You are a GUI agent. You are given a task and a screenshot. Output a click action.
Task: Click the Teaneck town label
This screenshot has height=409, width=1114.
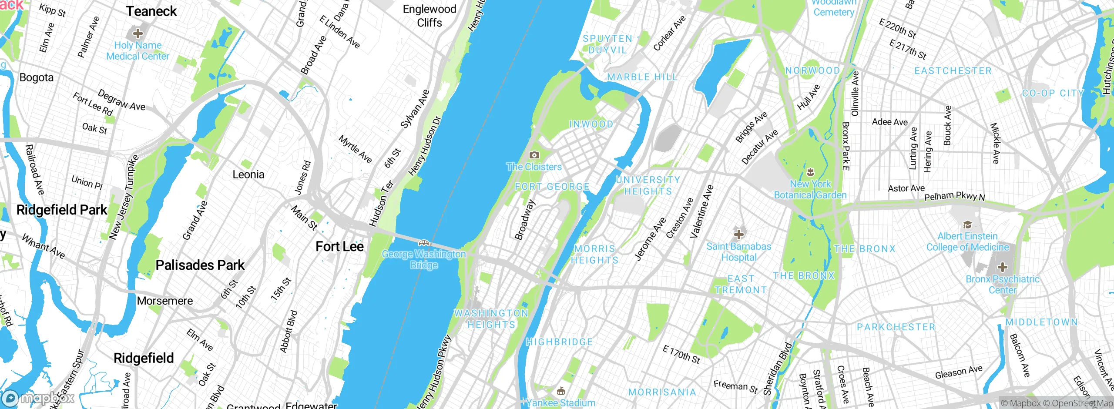click(151, 11)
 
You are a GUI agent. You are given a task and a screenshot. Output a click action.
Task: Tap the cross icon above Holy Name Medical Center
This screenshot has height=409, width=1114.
click(138, 33)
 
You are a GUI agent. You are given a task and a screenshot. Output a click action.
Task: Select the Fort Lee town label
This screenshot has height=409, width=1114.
click(339, 246)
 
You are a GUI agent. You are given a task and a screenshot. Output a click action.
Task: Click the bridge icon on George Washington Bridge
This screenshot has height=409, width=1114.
click(424, 243)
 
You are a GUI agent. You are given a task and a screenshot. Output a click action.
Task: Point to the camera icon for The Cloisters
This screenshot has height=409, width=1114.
click(534, 155)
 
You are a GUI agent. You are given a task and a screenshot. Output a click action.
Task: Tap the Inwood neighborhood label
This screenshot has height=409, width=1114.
click(591, 124)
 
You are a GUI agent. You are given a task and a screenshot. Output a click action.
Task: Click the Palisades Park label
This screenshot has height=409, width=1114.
click(200, 265)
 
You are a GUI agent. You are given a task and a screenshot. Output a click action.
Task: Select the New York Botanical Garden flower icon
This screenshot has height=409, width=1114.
click(810, 172)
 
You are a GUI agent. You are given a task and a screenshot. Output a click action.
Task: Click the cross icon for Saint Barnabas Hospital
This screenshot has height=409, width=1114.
click(738, 235)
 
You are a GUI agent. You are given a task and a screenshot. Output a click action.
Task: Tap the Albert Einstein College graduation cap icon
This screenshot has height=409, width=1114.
click(967, 225)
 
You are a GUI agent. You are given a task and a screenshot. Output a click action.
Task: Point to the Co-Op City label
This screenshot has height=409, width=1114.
click(1053, 93)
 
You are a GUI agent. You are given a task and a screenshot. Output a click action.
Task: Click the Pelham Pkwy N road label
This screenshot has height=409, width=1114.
click(954, 196)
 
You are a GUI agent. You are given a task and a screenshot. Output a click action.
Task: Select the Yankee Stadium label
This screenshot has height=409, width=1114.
click(561, 402)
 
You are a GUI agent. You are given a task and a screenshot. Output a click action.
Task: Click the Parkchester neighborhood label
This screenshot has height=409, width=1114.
click(896, 327)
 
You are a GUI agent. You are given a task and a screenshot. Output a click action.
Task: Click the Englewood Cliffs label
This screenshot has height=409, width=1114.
click(429, 16)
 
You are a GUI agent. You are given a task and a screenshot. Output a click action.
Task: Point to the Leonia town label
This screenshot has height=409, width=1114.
click(248, 174)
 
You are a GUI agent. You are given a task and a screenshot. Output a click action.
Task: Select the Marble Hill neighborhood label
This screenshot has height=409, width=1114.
click(642, 77)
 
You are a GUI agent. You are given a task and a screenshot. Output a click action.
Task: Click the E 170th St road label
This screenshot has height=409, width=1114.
click(681, 354)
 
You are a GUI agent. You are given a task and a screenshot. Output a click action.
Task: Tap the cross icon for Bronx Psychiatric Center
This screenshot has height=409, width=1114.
click(1002, 267)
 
